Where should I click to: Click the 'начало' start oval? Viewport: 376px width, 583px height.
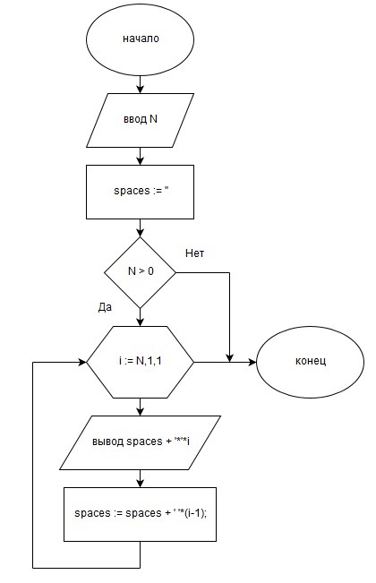point(140,39)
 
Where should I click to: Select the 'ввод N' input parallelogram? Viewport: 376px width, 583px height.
point(140,120)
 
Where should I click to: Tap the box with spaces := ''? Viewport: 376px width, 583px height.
point(140,192)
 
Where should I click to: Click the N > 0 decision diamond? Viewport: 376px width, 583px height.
point(140,272)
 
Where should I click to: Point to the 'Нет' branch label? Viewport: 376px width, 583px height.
point(194,253)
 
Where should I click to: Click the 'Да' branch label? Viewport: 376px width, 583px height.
point(105,307)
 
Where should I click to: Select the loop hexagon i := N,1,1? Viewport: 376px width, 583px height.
point(140,362)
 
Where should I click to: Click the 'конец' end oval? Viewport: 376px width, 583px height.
point(311,362)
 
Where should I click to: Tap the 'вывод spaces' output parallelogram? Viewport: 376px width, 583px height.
point(140,442)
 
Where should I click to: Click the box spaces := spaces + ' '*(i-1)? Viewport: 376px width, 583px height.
point(140,514)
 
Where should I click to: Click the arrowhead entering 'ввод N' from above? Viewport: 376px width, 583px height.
point(140,90)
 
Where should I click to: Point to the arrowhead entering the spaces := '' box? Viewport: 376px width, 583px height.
point(140,161)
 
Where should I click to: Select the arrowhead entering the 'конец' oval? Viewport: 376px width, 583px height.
point(252,362)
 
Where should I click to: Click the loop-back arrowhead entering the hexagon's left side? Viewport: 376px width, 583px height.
point(82,362)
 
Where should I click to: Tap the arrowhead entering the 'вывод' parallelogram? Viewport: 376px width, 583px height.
point(140,412)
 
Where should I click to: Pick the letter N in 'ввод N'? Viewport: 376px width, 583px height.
point(153,119)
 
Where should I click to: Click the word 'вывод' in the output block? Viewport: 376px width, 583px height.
point(107,442)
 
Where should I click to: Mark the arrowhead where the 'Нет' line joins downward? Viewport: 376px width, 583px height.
point(229,358)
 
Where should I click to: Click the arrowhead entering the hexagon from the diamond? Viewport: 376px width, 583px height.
point(140,322)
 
